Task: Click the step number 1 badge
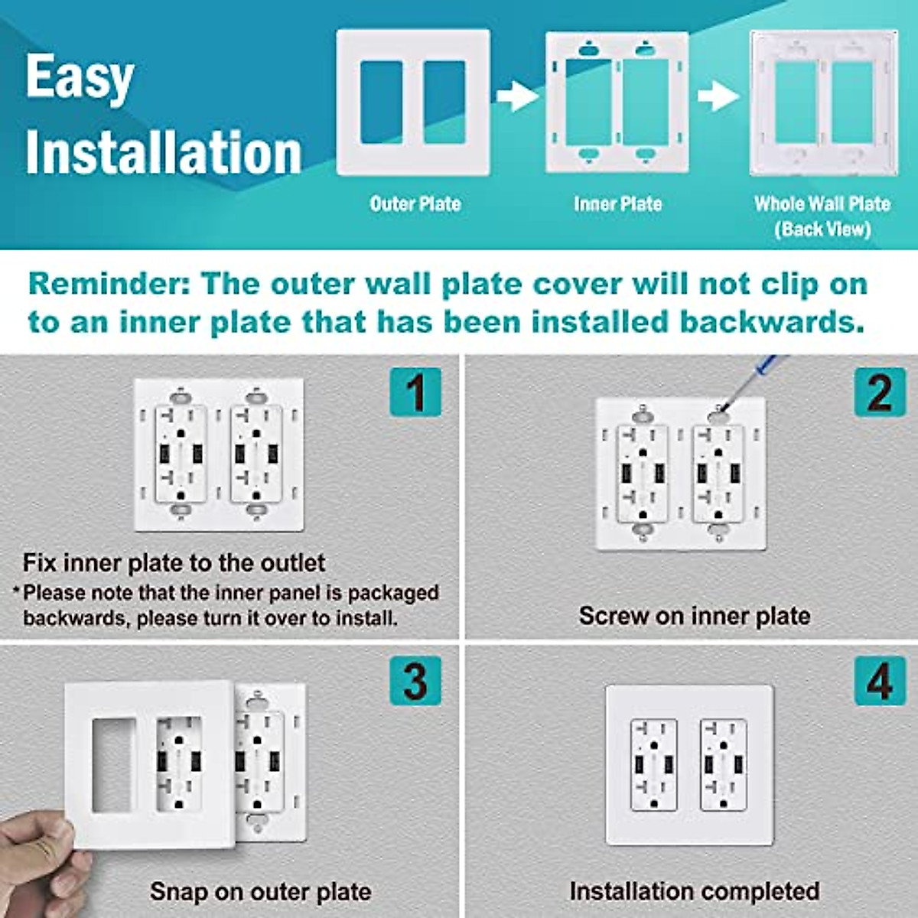415,392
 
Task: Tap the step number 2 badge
880,392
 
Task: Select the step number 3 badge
415,680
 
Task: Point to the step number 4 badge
880,680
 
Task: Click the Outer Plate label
415,203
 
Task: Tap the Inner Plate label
617,203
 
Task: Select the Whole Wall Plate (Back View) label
822,216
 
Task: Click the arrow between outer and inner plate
517,96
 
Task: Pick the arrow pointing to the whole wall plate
718,96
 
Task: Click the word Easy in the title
80,77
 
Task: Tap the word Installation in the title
164,152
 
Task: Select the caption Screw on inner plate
694,615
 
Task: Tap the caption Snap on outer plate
260,891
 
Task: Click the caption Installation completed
694,891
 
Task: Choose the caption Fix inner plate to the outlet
174,563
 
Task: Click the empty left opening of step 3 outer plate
113,764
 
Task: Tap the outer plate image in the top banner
413,102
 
